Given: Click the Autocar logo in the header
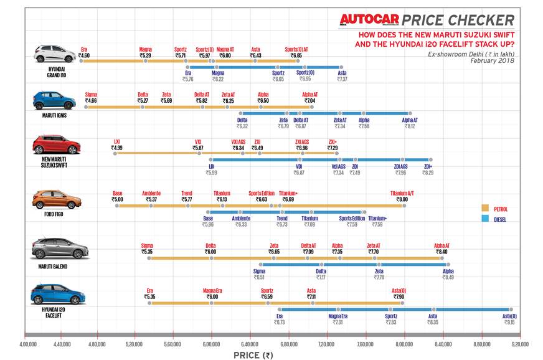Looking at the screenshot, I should pos(368,21).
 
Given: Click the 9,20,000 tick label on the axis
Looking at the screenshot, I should pos(520,343).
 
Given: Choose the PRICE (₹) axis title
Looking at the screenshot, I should pos(253,356).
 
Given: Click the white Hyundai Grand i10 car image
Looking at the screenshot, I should pos(54,54).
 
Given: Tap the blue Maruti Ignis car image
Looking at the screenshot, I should pos(54,99).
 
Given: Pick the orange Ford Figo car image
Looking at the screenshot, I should pos(56,200).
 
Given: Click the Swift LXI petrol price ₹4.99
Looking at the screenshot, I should pos(116,148).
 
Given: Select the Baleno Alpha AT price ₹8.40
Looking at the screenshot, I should pos(441,252).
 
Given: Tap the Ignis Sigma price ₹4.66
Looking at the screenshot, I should pos(91,100).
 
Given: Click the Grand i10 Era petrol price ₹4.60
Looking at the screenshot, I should pos(84,55).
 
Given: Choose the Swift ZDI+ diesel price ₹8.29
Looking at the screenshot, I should pos(428,173).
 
